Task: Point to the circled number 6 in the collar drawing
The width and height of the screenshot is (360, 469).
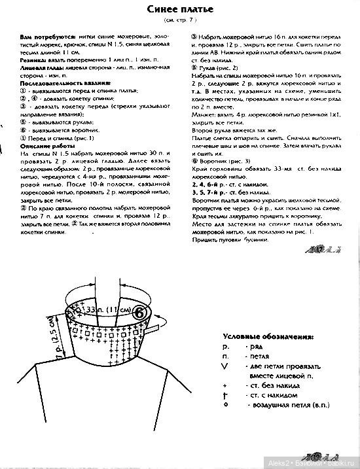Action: (139, 313)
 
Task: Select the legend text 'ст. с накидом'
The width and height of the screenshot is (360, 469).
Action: (270, 396)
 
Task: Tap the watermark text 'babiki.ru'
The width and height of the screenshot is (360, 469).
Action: (338, 462)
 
